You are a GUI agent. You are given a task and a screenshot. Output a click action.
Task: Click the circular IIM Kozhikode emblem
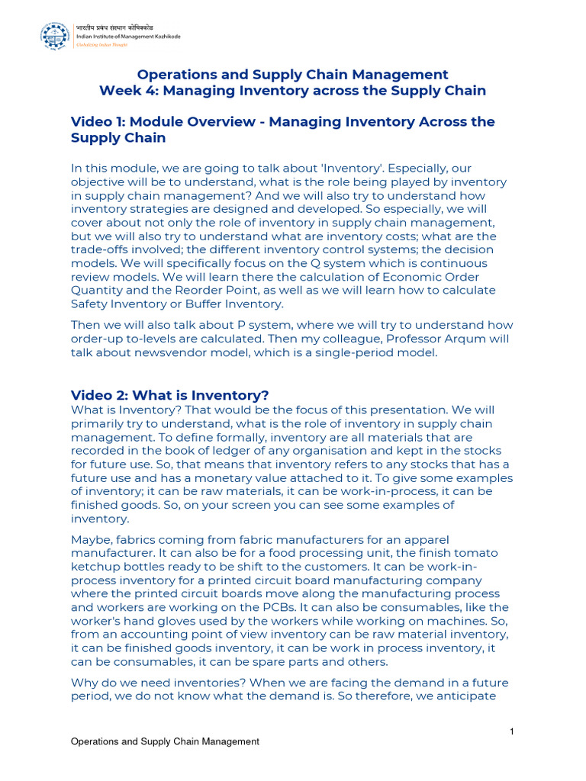coord(55,35)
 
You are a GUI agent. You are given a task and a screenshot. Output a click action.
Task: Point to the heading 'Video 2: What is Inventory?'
coord(169,395)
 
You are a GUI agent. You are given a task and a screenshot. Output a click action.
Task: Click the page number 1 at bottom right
coord(513,732)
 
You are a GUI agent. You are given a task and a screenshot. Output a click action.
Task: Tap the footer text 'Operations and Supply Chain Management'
coord(165,741)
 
